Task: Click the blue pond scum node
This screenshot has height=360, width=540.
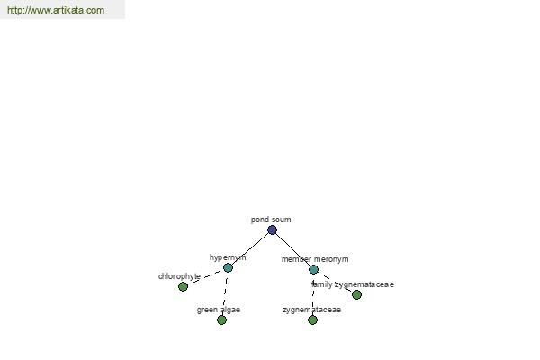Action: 272,229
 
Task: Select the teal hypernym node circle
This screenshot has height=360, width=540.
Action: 228,267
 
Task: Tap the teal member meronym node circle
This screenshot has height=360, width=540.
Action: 313,269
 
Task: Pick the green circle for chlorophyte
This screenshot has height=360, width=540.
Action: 184,286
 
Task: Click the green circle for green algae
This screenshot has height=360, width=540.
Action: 221,320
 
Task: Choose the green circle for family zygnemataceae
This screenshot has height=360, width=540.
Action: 356,294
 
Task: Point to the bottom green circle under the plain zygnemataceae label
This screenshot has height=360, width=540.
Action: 312,320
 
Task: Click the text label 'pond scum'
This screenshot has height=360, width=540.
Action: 271,220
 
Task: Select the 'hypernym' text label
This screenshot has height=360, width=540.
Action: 228,257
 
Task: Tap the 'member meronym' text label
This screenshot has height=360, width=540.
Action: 315,259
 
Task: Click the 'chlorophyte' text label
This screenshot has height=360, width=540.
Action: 179,276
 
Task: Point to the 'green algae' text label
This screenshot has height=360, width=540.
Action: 219,310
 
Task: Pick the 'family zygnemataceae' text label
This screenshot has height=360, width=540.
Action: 353,284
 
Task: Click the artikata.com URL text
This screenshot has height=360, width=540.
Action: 56,10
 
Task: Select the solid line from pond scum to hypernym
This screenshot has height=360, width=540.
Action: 250,248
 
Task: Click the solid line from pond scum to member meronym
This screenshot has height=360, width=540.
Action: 292,250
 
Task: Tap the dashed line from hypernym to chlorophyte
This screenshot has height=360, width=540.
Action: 205,277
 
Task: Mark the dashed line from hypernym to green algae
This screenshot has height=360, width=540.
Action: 225,294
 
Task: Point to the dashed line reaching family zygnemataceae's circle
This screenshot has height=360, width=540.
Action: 335,282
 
